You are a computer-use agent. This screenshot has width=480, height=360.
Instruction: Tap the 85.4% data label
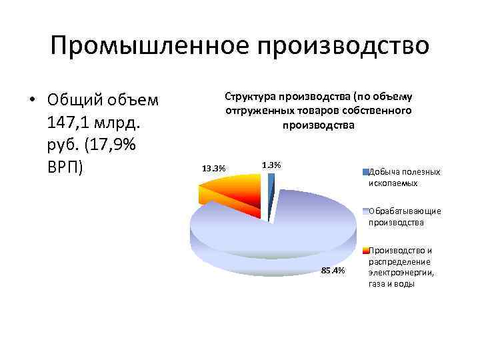click(333, 270)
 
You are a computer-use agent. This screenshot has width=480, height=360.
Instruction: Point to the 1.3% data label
click(271, 164)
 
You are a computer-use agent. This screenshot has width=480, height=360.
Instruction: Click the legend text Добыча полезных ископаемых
click(404, 177)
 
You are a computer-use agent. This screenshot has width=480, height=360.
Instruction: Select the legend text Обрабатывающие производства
click(404, 217)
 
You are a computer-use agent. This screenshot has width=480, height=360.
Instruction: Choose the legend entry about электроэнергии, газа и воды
click(401, 267)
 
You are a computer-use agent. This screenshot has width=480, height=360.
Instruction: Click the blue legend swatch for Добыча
click(365, 172)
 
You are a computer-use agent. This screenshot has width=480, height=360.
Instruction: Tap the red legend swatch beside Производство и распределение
click(365, 251)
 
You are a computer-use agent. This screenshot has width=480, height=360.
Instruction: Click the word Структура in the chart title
click(251, 98)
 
